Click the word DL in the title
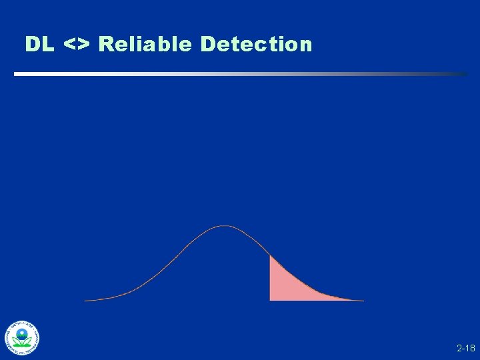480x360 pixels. tap(40, 45)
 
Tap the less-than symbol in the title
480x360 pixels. tap(69, 45)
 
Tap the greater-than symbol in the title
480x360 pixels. tap(84, 45)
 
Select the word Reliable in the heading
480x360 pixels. tap(145, 45)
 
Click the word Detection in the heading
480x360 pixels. tap(256, 45)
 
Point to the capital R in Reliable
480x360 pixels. tap(106, 45)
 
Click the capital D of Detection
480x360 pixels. tap(207, 45)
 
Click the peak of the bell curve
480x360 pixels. tap(225, 227)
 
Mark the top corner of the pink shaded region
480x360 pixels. tap(270, 257)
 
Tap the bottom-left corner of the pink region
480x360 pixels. tap(271, 299)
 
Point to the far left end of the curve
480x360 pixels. tap(85, 300)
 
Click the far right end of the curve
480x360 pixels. tap(363, 300)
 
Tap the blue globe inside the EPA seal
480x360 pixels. tap(23, 333)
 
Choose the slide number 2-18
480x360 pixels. tap(465, 349)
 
